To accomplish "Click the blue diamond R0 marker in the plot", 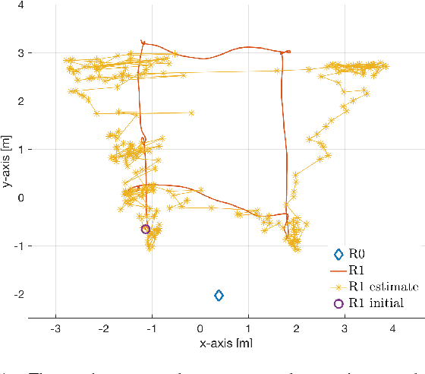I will point(219,295).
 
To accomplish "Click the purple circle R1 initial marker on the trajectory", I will point(146,229).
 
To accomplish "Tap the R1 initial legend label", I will point(376,303).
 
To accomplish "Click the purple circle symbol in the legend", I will point(338,303).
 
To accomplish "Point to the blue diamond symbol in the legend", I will point(338,254).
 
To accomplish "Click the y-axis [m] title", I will point(8,161).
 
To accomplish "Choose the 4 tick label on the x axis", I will point(393,328).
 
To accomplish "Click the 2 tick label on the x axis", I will point(296,328).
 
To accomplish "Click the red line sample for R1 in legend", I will point(338,270).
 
